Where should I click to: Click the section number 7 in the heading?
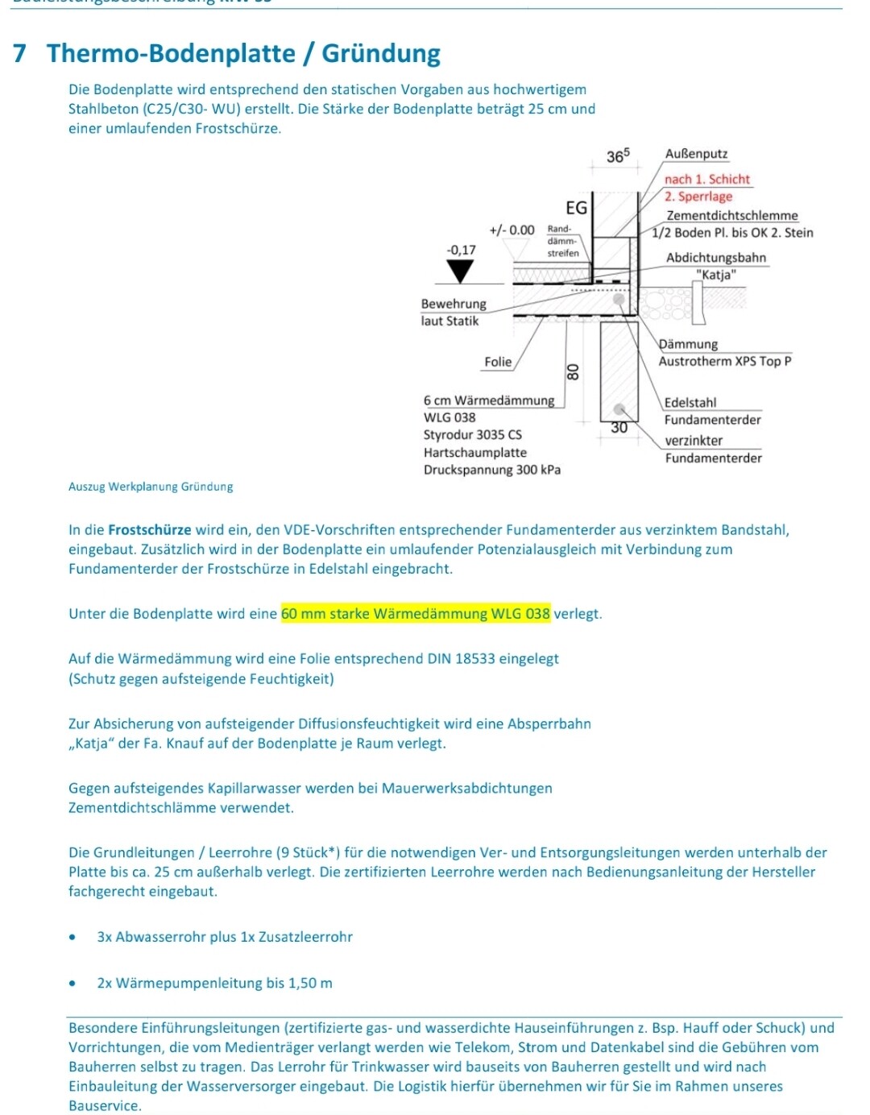20,53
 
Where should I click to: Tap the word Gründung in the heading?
381,53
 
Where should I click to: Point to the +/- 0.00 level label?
512,230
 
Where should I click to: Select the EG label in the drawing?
577,208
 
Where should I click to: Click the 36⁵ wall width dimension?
617,155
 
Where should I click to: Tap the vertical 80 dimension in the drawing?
573,371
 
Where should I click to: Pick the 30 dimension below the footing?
619,428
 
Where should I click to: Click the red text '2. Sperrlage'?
698,197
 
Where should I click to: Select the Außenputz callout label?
696,154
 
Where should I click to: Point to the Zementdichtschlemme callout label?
731,215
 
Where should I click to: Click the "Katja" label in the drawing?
716,275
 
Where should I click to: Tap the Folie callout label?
498,362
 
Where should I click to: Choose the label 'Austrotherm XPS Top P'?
724,361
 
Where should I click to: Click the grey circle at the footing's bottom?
619,409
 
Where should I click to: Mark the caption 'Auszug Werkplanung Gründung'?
151,487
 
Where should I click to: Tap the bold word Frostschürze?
150,530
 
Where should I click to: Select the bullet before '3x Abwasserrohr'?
73,937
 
